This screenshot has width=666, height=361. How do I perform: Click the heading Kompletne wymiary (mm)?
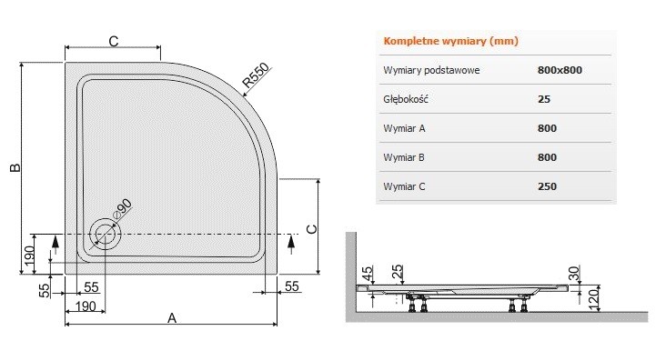click(451, 42)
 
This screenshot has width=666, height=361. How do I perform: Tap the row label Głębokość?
click(406, 99)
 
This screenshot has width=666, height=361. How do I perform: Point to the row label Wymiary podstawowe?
click(432, 70)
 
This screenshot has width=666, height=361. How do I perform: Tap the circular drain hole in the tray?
click(105, 233)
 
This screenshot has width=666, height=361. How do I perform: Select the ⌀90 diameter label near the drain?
click(122, 207)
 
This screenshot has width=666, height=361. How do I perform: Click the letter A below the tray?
click(171, 316)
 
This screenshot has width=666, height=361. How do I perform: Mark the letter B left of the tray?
click(14, 167)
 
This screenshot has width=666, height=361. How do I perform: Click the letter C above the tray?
click(114, 40)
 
